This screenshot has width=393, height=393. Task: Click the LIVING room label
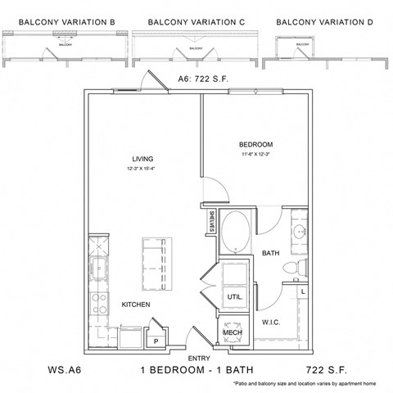pos(143,159)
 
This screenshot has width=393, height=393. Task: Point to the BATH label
pos(271,254)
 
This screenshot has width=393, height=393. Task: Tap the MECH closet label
pos(231,334)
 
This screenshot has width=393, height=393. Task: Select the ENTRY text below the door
pos(198,358)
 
